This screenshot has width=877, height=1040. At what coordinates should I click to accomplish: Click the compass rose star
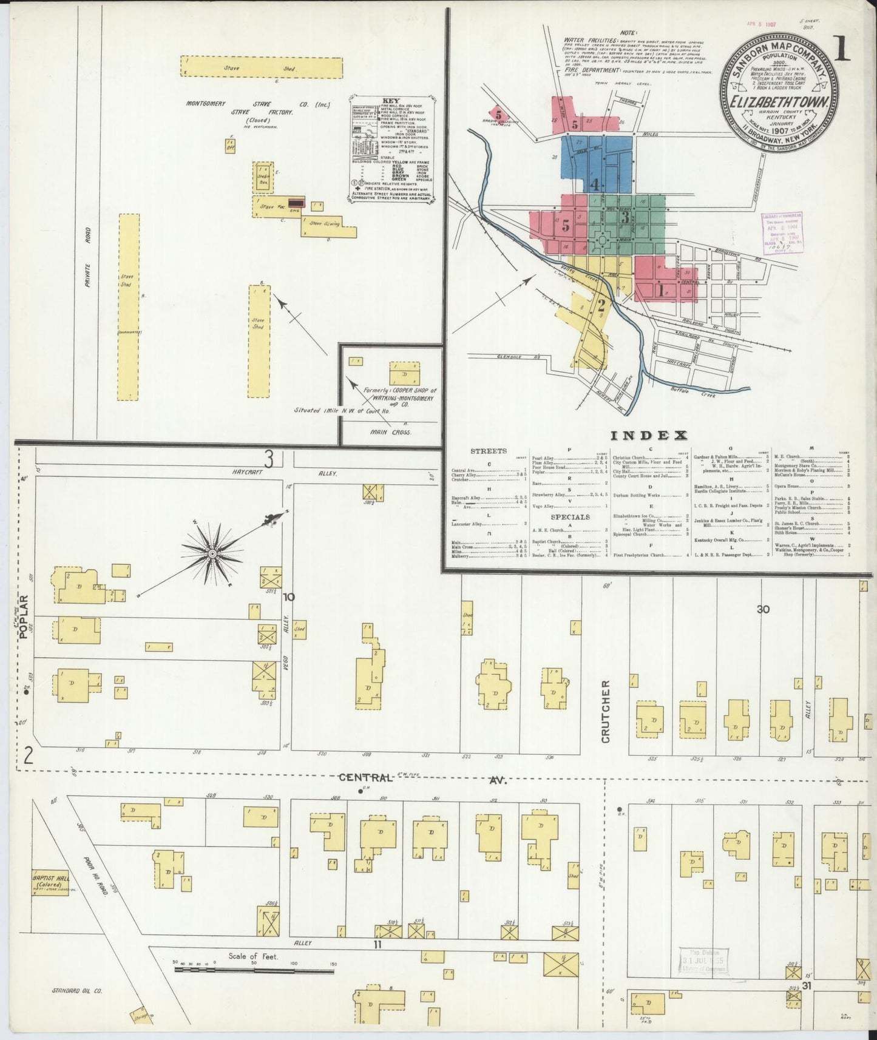pos(213,553)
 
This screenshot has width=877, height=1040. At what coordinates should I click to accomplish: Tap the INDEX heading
pos(648,435)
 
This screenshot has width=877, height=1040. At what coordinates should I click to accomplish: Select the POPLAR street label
pos(24,617)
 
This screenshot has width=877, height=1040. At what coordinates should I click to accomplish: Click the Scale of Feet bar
pos(255,987)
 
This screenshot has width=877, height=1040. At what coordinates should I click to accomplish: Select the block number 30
pos(763,609)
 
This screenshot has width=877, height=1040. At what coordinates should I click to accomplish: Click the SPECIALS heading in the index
pos(571,517)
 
